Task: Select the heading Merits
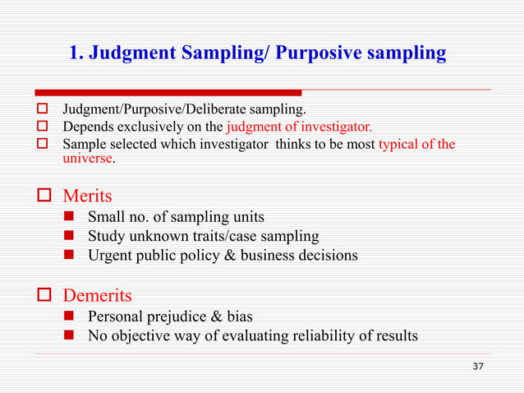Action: pyautogui.click(x=88, y=196)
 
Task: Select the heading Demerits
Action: pyautogui.click(x=98, y=294)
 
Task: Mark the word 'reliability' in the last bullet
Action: pyautogui.click(x=301, y=335)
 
